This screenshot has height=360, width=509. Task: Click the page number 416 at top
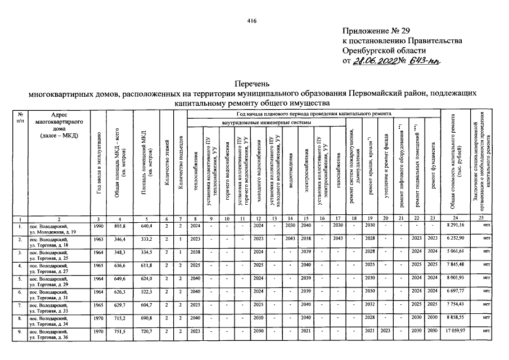pyautogui.click(x=252, y=21)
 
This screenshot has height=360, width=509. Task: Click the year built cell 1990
pyautogui.click(x=98, y=225)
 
